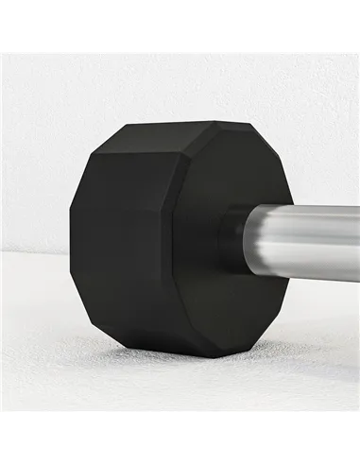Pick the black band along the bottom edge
tap(180, 440)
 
